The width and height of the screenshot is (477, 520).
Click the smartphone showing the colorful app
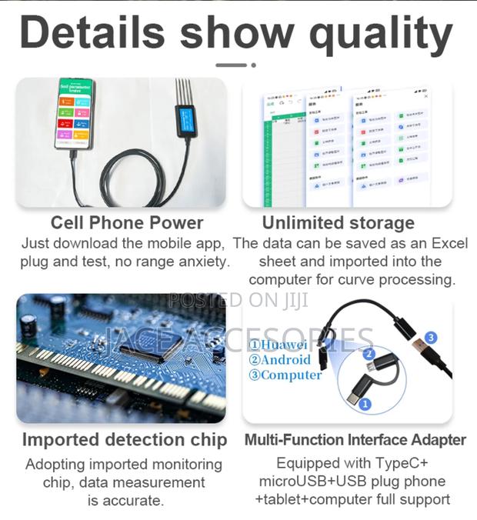(74, 113)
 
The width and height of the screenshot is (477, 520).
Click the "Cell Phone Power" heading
(127, 223)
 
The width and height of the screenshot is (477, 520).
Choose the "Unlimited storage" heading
(339, 223)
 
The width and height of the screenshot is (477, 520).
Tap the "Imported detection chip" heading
(125, 440)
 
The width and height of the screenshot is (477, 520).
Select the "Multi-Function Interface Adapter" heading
(355, 440)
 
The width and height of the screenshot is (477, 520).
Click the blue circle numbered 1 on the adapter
(365, 403)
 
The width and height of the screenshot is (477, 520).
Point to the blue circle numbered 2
(369, 355)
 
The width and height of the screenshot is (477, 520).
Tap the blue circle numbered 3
(431, 338)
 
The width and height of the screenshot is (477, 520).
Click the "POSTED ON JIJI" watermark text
(238, 300)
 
